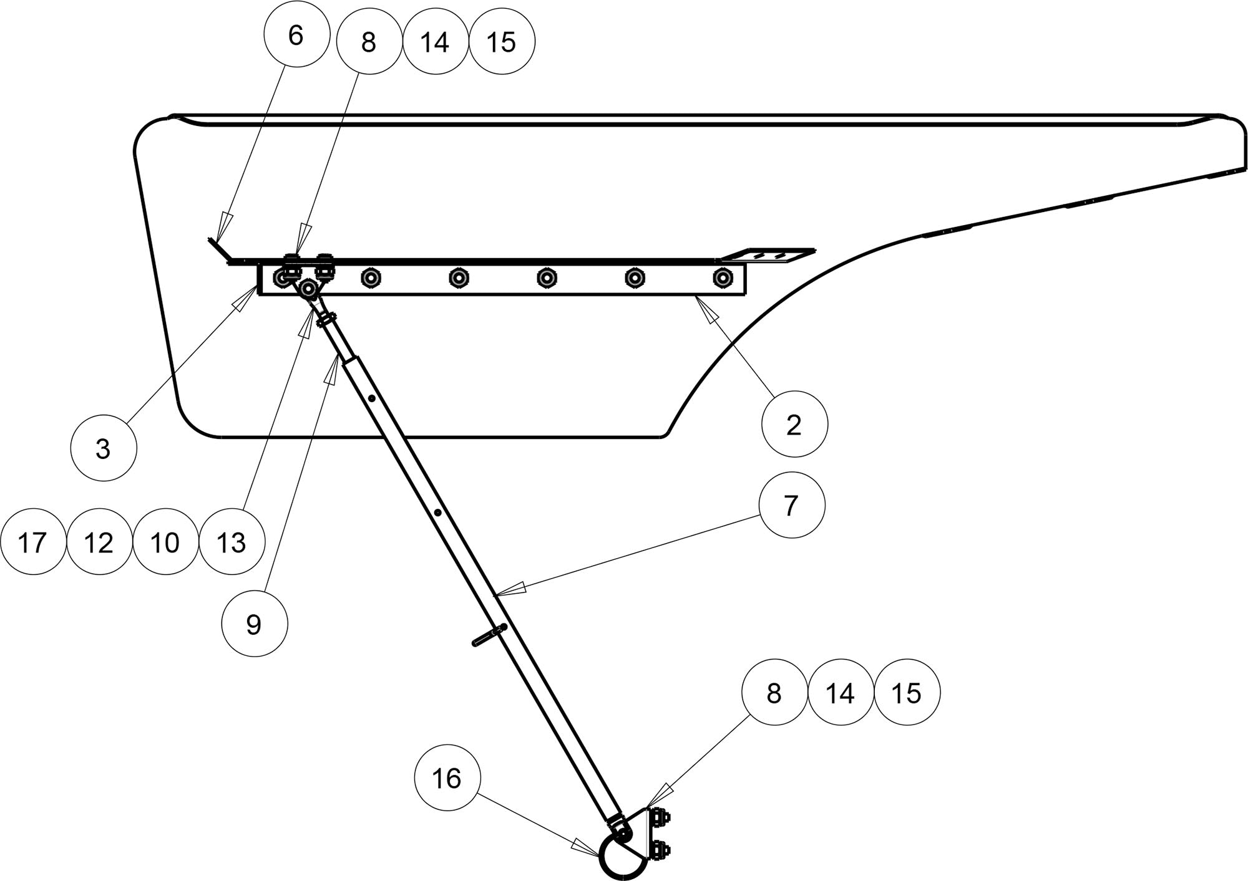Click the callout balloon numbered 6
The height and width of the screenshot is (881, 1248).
click(x=296, y=36)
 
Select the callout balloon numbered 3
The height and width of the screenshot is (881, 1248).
click(x=104, y=448)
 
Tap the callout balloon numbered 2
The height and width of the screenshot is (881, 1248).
click(x=794, y=425)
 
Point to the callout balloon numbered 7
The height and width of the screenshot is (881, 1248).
click(x=791, y=505)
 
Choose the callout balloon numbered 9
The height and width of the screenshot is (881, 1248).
click(x=255, y=623)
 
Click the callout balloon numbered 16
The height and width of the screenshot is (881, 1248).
click(x=447, y=778)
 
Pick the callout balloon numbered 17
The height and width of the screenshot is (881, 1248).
click(x=32, y=542)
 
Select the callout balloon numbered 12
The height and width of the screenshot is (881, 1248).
click(x=99, y=542)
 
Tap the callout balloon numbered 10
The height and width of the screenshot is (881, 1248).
click(x=165, y=542)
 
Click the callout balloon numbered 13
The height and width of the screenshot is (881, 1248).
click(x=232, y=542)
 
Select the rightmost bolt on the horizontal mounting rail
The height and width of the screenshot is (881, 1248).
click(x=723, y=277)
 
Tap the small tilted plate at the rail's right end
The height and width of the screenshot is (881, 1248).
click(x=768, y=255)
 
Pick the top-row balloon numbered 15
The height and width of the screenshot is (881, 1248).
click(x=502, y=42)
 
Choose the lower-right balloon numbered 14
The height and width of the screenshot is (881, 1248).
click(x=841, y=693)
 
